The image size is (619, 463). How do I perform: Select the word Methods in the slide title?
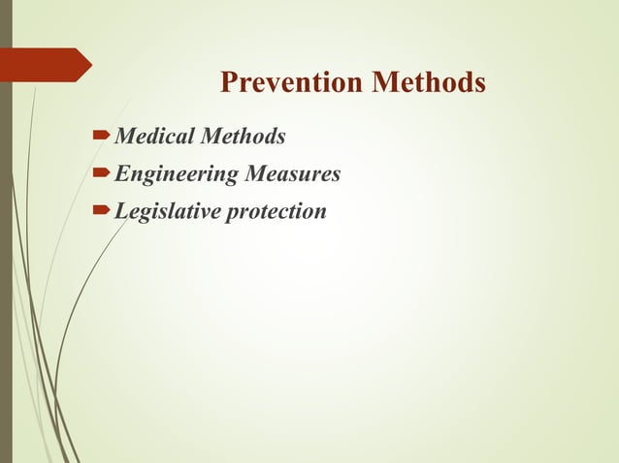click(427, 84)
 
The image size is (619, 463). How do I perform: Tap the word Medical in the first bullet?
click(153, 138)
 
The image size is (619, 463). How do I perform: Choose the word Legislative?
click(166, 210)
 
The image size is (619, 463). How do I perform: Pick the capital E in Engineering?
click(121, 174)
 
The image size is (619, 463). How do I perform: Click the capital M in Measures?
click(257, 174)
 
